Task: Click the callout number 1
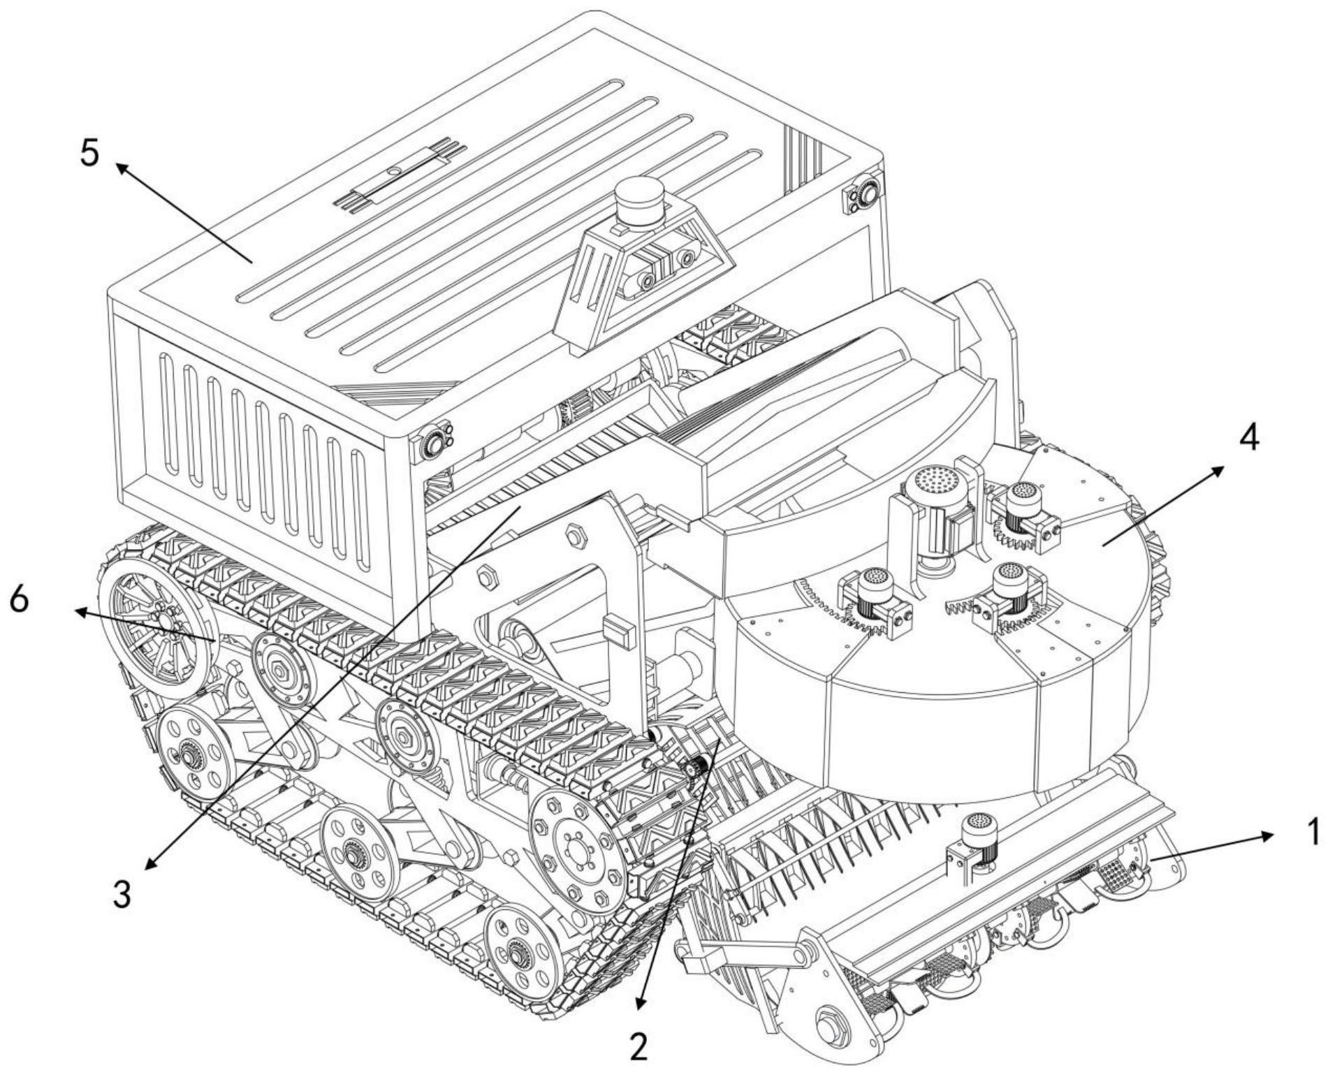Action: pos(1312,831)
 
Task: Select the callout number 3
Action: pos(122,893)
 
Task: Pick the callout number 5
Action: pos(89,153)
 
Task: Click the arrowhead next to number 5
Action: pos(121,168)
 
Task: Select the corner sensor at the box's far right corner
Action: pos(863,193)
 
